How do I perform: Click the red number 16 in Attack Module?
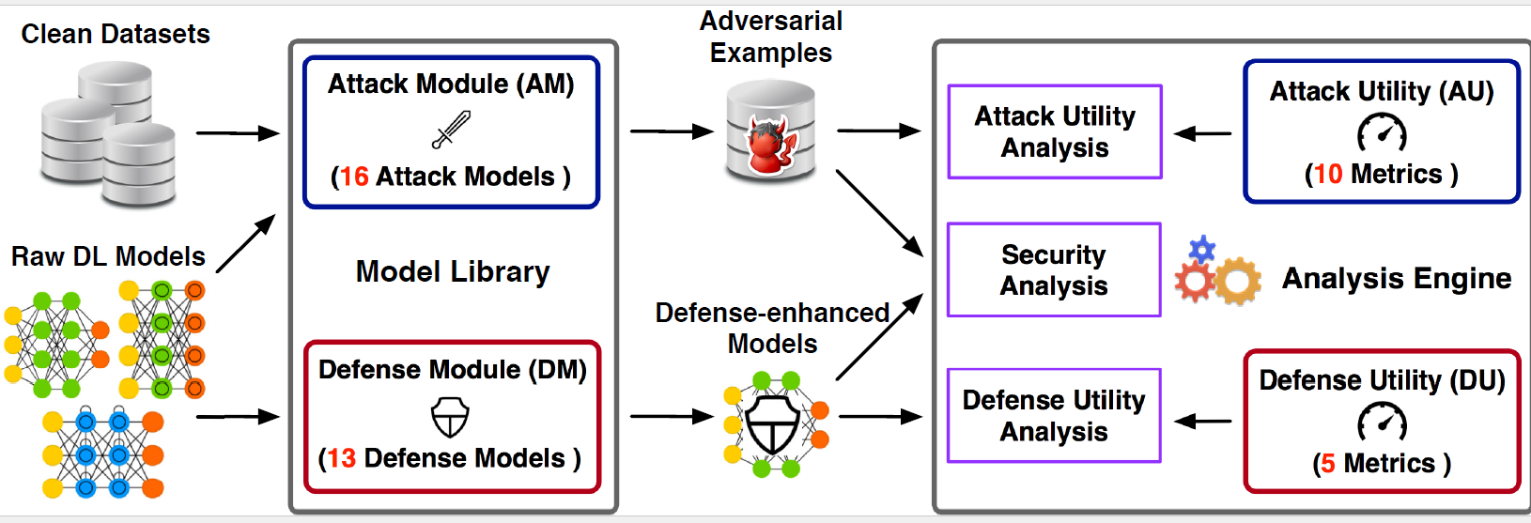pos(354,177)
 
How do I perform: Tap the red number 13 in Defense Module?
pos(341,458)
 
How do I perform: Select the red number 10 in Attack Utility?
pos(1327,174)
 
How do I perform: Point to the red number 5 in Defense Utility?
pos(1328,463)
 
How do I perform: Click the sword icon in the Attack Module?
pos(451,130)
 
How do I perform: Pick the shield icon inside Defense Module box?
pos(450,417)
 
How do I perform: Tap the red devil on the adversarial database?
pos(771,146)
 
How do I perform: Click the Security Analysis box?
pos(1054,270)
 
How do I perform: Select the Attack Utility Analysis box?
pos(1055,131)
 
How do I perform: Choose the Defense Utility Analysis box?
pos(1054,416)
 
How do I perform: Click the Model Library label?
pos(453,272)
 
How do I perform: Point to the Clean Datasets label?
pos(116,35)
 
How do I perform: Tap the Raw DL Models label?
pos(108,256)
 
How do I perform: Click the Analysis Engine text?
pos(1397,278)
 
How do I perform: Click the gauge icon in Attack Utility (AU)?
pos(1382,133)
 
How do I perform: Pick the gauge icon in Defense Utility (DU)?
pos(1382,422)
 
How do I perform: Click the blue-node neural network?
pos(102,454)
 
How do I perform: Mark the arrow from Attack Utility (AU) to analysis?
pos(1203,134)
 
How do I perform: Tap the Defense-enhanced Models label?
pos(772,328)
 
